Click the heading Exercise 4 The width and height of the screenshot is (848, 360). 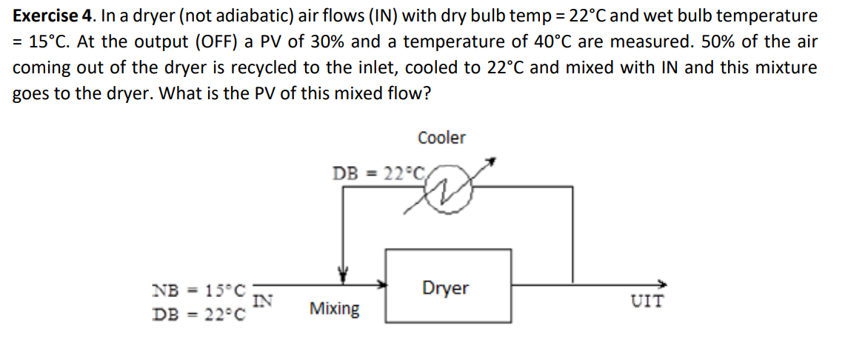[45, 16]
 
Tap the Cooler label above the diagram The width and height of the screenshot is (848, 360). [441, 138]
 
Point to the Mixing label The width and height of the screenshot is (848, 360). [335, 308]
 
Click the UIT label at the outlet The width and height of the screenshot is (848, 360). [647, 301]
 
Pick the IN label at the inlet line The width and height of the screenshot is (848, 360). [263, 301]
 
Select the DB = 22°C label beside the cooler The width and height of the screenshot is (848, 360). [378, 174]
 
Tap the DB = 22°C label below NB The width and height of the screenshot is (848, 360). [198, 313]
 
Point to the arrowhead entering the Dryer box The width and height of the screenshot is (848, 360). [383, 283]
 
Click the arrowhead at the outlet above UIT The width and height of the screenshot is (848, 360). [661, 283]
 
